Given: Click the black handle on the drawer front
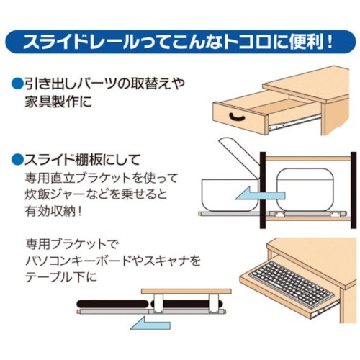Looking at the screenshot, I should (x=235, y=114).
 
